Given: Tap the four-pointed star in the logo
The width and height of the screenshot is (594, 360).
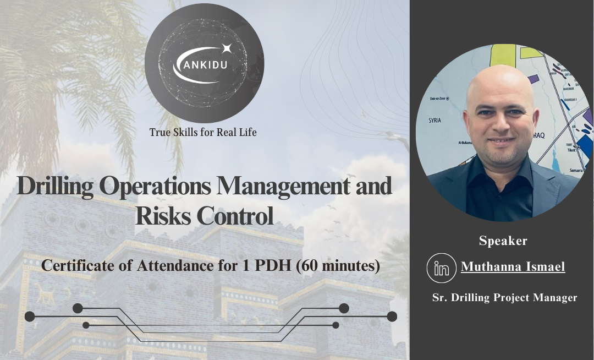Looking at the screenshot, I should pos(226,49).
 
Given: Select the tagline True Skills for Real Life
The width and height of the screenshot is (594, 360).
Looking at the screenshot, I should pos(203,132).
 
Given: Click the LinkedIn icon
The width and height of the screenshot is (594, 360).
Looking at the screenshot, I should pos(442,268).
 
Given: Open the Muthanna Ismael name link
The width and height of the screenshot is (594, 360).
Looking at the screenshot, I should pos(513,268).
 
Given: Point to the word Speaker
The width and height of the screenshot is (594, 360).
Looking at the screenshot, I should pos(503,241).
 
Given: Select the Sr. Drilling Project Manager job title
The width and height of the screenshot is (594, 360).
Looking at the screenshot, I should pos(504,298).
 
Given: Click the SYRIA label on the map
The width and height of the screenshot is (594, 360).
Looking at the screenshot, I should pos(435,120).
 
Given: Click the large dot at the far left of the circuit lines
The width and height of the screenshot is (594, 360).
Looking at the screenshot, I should pos(30,317).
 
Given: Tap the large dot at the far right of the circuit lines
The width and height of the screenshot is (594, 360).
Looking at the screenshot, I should pos(392,317).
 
